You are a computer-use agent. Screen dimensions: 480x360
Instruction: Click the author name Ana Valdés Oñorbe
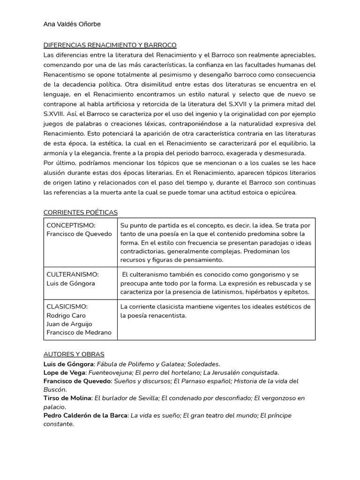[72, 24]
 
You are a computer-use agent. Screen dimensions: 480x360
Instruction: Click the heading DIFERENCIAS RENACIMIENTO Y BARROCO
[110, 45]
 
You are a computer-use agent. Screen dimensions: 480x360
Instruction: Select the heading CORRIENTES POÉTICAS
[80, 212]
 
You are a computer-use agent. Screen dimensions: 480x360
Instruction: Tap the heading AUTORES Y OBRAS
[74, 354]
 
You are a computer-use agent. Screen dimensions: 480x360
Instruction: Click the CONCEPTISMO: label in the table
[71, 225]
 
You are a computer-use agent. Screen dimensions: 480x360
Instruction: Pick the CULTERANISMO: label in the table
[72, 274]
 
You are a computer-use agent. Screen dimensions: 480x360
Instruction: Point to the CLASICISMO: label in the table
[67, 307]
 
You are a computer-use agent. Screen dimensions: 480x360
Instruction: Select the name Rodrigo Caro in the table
[66, 315]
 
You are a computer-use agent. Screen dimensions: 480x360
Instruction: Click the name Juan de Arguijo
[69, 324]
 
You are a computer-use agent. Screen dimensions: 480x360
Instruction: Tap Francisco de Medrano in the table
[79, 333]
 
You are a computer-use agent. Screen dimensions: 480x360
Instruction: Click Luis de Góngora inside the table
[70, 283]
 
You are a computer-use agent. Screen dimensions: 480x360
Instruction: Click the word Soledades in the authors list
[203, 364]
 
